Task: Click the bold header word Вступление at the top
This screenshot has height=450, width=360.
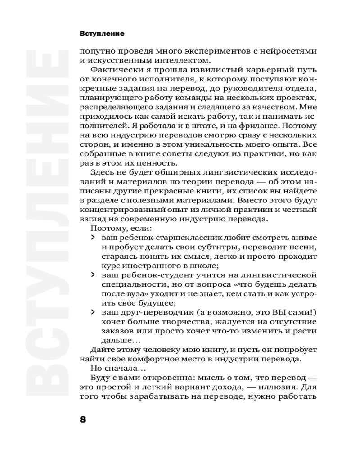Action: click(102, 34)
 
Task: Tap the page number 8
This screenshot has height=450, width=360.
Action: click(83, 419)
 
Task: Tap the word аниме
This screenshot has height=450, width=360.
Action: click(305, 237)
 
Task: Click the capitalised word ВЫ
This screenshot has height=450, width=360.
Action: click(278, 312)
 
